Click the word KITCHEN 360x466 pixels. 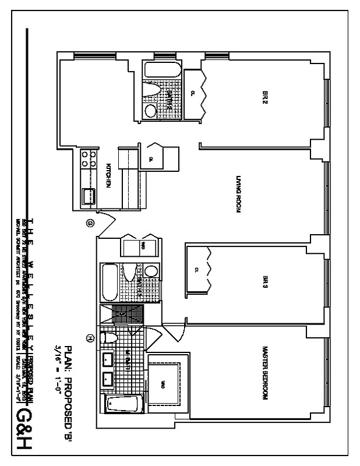tap(108, 175)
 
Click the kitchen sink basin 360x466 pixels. tap(90, 196)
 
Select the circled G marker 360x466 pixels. tap(90, 221)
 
